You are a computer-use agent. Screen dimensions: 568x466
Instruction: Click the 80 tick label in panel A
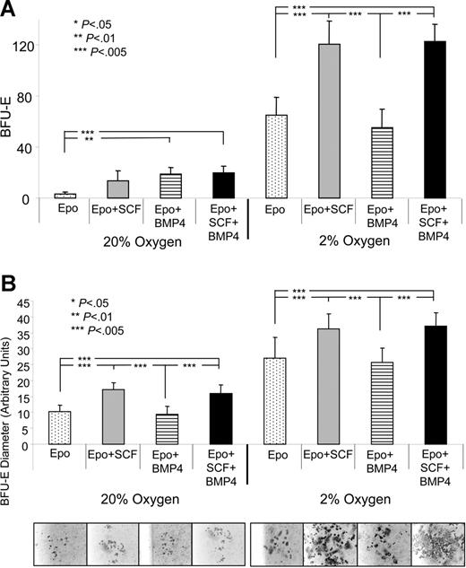tap(36, 97)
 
